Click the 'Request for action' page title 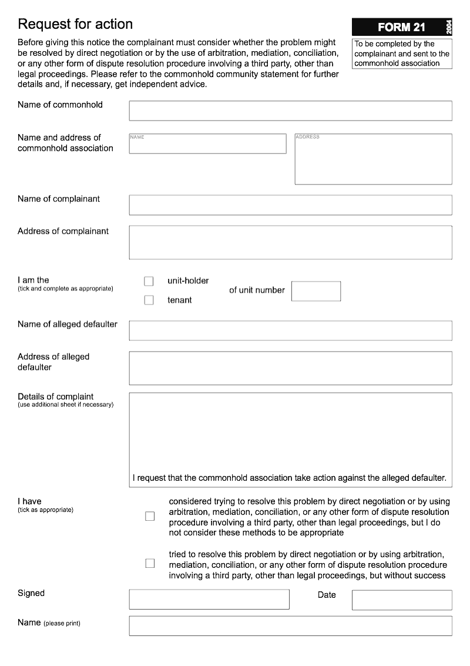tap(75, 24)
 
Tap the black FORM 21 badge tap(401, 27)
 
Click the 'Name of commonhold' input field tap(290, 111)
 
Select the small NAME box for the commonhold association tap(207, 144)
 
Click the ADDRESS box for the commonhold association tap(373, 159)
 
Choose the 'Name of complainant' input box tap(290, 205)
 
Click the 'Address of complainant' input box tap(290, 242)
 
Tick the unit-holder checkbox tap(149, 282)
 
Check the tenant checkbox tap(149, 300)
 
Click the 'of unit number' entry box tap(315, 291)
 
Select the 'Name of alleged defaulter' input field tap(290, 330)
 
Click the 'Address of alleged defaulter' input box tap(290, 368)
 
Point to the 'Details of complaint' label tap(56, 397)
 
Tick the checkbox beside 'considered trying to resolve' tap(150, 517)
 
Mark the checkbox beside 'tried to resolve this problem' tap(150, 564)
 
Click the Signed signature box tap(209, 599)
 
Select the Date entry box tap(402, 600)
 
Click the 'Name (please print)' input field tap(290, 626)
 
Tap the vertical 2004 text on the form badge tap(448, 27)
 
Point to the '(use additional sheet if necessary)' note tap(65, 405)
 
